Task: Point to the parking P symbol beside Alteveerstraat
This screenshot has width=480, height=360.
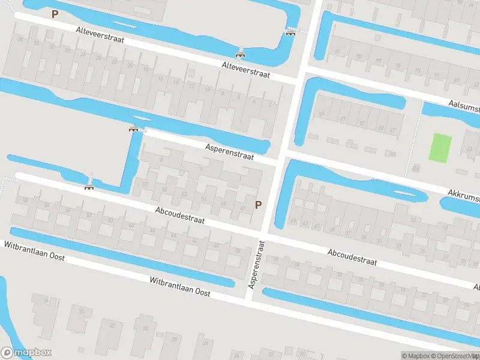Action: (55, 14)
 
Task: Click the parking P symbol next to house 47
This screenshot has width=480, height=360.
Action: (259, 205)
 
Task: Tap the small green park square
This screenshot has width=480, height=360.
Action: (440, 147)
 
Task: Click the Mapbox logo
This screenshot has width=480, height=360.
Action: (26, 353)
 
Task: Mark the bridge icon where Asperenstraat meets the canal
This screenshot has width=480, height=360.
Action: (134, 128)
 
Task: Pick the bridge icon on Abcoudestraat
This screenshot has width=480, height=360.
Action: (89, 186)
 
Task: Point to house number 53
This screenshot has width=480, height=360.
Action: (184, 194)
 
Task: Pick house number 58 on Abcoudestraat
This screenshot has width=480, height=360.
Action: (25, 199)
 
